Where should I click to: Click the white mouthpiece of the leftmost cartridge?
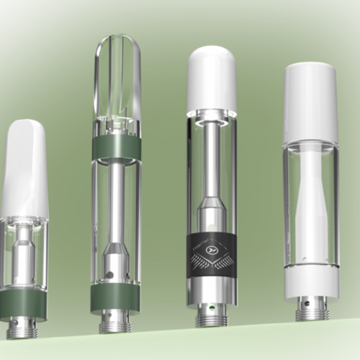click(24, 169)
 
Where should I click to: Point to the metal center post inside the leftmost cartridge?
click(24, 252)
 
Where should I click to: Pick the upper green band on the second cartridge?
click(117, 148)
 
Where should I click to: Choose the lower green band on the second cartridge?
click(115, 297)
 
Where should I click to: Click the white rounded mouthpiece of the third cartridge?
click(212, 79)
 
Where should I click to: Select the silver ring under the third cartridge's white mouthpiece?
click(212, 115)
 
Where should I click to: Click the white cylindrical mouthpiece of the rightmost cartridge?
click(311, 101)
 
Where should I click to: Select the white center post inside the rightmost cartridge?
click(311, 209)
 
